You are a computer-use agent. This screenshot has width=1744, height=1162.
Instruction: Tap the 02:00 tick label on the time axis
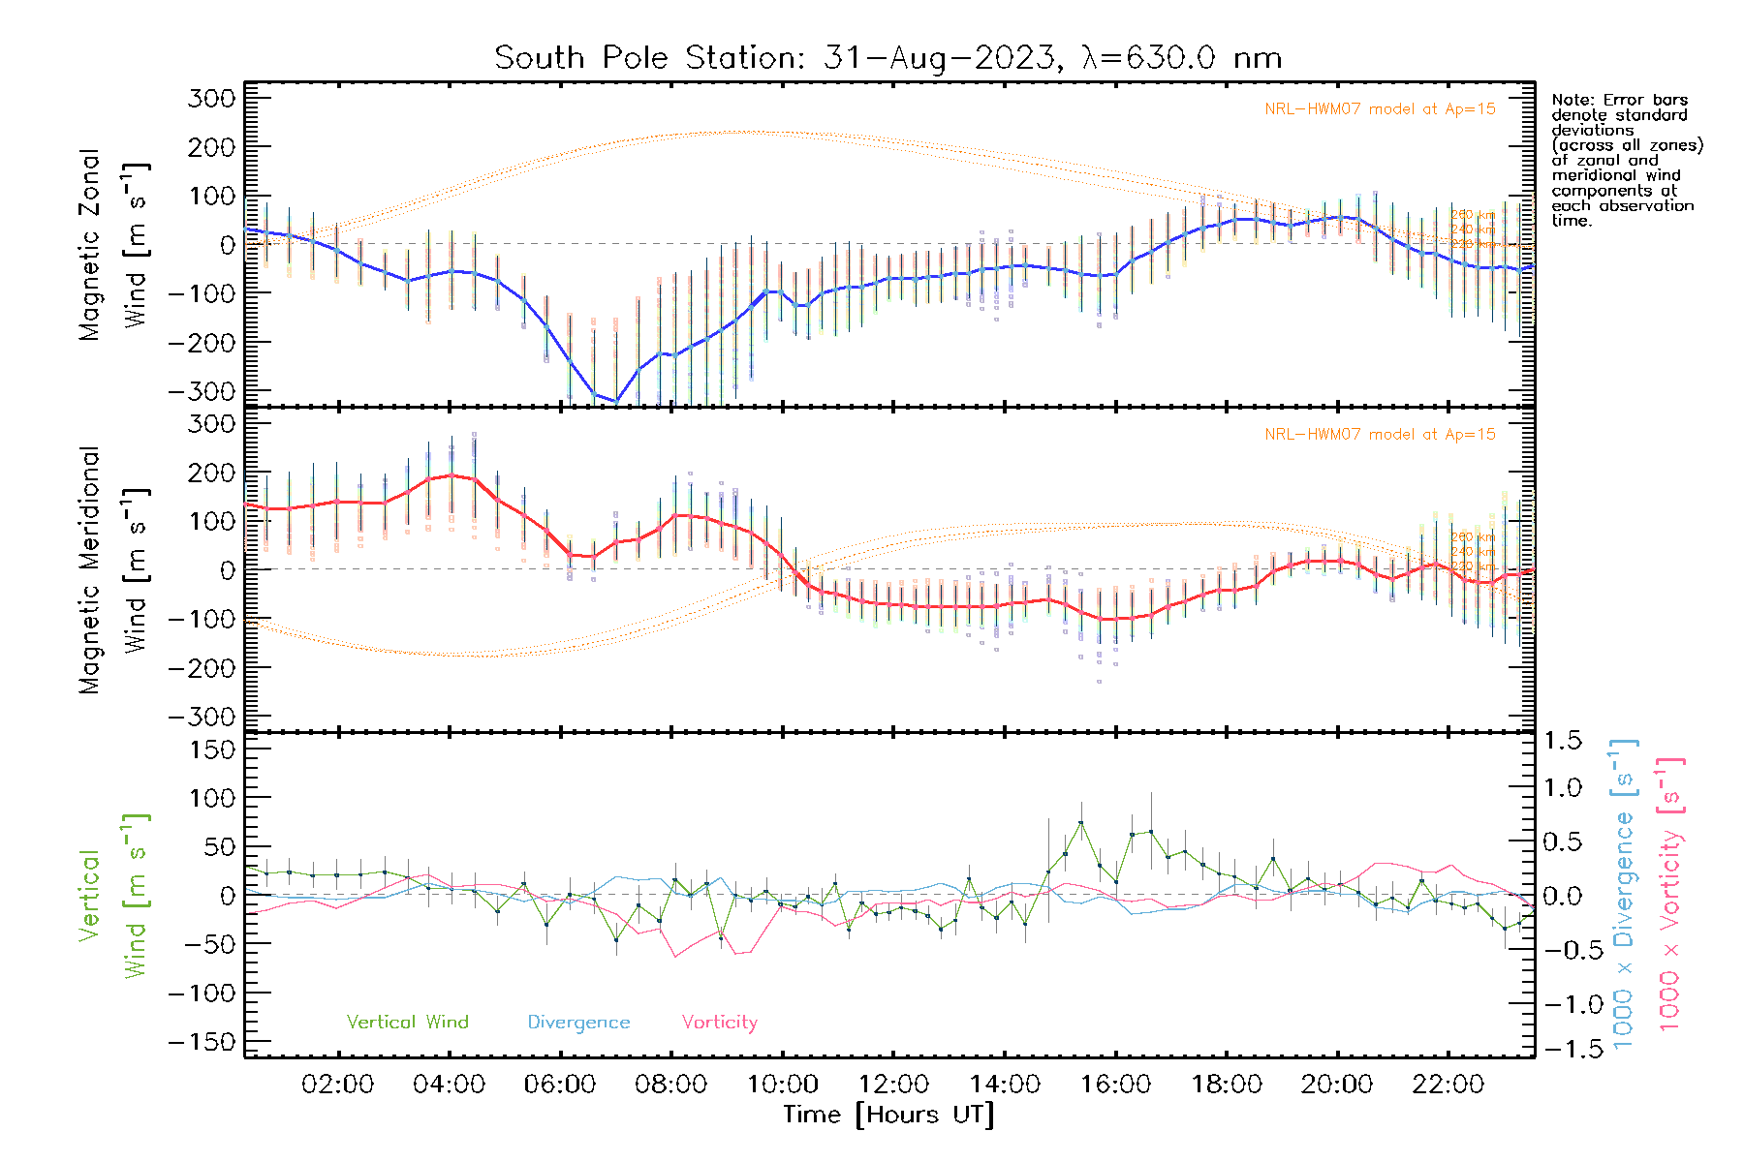(337, 1085)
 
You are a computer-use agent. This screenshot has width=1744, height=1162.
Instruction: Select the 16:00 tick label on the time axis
(1115, 1085)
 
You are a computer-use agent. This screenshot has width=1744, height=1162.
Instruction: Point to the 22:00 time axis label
(1448, 1085)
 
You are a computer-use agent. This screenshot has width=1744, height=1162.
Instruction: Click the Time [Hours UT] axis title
(888, 1115)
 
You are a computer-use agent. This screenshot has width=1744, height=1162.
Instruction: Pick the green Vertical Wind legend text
(407, 1022)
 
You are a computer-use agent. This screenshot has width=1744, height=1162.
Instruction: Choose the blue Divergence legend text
(578, 1023)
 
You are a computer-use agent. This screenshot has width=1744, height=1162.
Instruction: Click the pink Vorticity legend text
(719, 1022)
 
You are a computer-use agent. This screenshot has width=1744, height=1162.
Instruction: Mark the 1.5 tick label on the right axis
(1562, 741)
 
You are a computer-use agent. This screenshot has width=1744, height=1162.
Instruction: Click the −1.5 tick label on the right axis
(1562, 1049)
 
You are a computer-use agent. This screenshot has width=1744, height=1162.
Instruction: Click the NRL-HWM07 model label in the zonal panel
(1380, 109)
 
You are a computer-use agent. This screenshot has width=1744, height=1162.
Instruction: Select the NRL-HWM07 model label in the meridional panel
(1380, 435)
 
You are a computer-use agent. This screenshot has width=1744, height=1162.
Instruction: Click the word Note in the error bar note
(1571, 100)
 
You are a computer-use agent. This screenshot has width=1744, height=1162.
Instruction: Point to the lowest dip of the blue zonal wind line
(615, 401)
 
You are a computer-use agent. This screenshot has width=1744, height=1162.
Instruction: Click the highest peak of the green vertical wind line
(1080, 823)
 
